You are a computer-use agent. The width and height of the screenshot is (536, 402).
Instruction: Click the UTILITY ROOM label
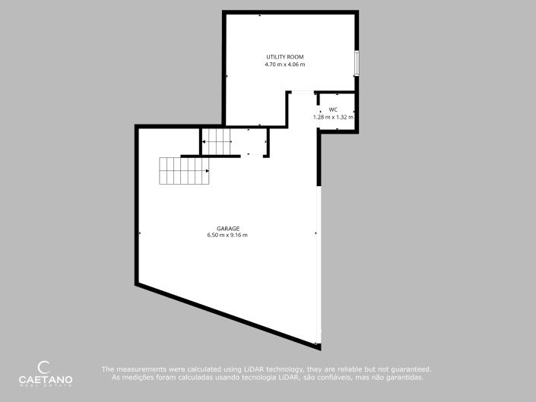[x=284, y=58]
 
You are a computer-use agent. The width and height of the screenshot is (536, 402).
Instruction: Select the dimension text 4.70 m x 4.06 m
[x=284, y=65]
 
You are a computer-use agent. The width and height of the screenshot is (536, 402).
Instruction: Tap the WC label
[x=333, y=109]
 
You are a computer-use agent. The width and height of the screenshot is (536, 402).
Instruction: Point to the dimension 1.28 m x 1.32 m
[x=333, y=117]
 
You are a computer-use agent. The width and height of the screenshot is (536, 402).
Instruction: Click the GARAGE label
[x=227, y=229]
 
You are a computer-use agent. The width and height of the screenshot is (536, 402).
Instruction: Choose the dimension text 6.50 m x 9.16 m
[x=227, y=236]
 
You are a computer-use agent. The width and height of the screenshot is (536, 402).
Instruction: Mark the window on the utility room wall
[x=357, y=63]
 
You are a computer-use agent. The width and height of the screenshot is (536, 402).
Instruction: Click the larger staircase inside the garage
[x=182, y=171]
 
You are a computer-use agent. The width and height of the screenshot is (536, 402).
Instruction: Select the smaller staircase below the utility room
[x=217, y=141]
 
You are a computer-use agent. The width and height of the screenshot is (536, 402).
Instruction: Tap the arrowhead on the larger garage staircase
[x=208, y=171]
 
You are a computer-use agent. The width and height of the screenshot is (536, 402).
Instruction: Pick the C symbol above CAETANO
[x=44, y=366]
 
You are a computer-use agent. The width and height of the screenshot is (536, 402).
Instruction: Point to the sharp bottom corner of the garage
[x=319, y=348]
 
